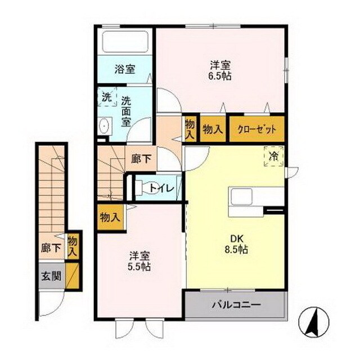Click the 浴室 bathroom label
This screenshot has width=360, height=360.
[125, 70]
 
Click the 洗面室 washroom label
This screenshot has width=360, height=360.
[127, 111]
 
